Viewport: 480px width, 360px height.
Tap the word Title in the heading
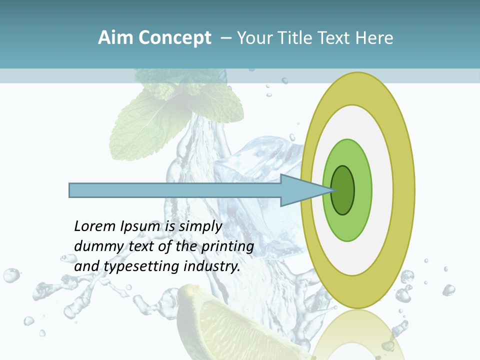coord(298,38)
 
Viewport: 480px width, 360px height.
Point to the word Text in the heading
coord(335,38)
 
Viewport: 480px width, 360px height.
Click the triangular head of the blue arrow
coord(300,190)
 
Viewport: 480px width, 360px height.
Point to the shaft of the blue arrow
coord(175,190)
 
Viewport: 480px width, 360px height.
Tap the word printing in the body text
coord(227,246)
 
